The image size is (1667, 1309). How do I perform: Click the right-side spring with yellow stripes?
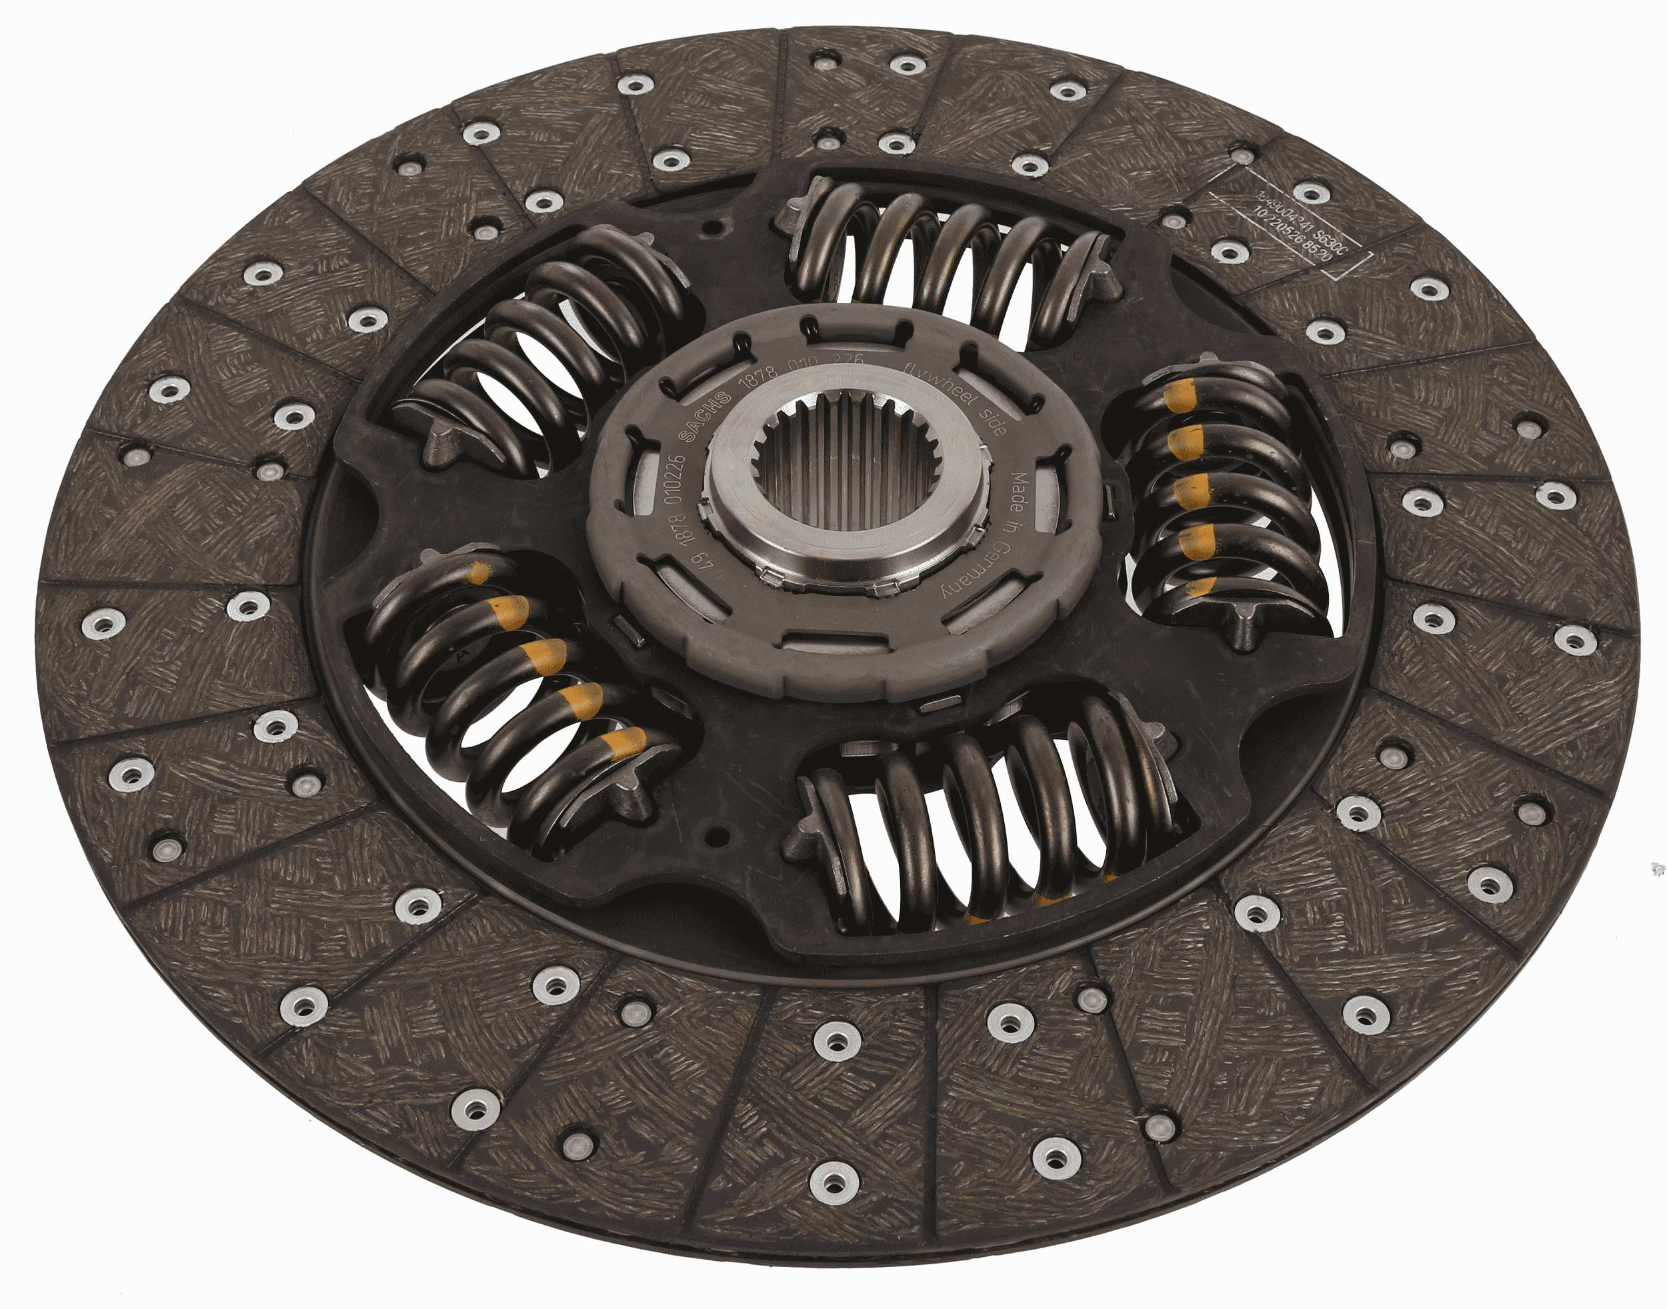coord(1218,498)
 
